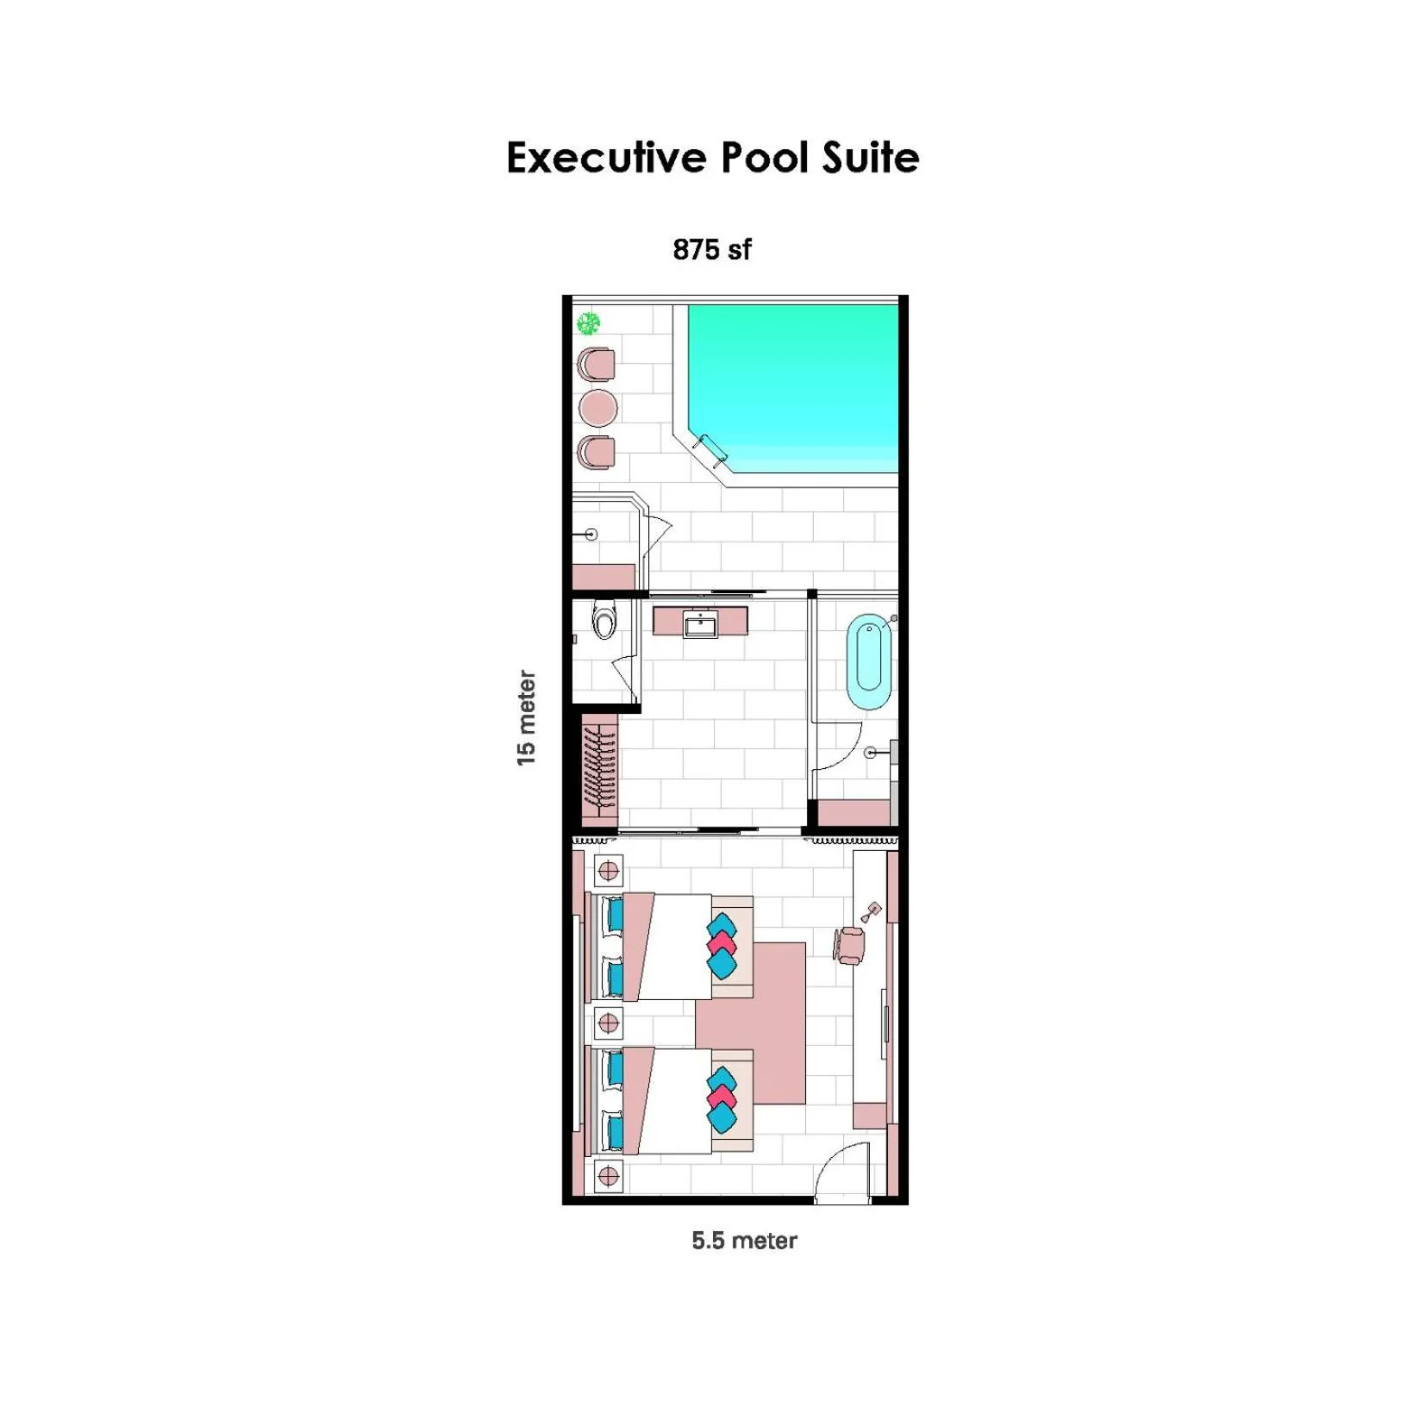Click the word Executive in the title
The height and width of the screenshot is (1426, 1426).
tap(606, 158)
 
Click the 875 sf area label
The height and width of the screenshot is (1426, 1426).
tap(711, 250)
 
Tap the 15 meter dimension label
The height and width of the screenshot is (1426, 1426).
tap(526, 717)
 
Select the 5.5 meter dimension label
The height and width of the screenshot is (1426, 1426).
tap(743, 1240)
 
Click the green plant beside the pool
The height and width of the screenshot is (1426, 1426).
tap(588, 324)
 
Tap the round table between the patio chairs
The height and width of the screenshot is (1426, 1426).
tap(597, 408)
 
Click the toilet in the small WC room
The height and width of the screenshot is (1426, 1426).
tap(604, 621)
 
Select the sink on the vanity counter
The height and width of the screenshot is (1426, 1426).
tap(700, 624)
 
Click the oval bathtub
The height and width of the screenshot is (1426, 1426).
tap(868, 661)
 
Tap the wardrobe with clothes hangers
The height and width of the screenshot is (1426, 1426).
tap(599, 766)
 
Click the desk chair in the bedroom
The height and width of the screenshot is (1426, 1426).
tap(850, 945)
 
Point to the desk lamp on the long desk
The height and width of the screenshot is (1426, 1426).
tap(872, 911)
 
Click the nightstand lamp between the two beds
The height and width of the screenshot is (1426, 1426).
tap(608, 1023)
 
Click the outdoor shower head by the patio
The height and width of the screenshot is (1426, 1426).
tap(591, 535)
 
